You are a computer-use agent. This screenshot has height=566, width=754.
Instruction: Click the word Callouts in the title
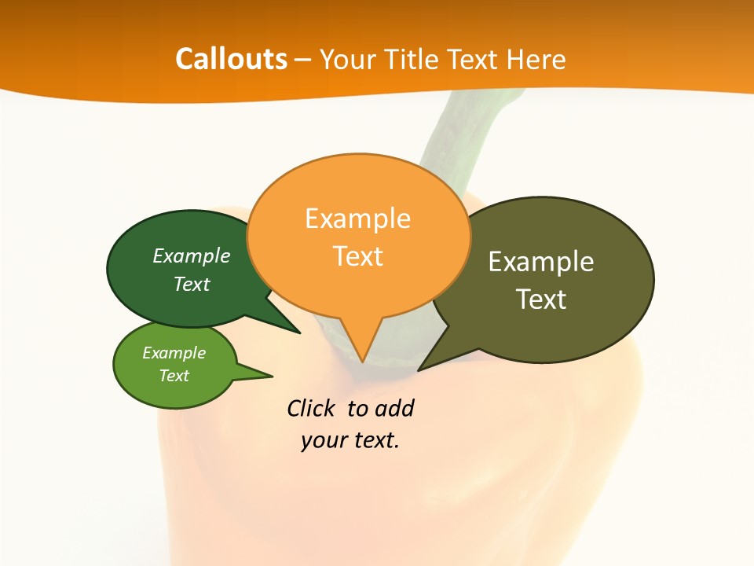tap(231, 59)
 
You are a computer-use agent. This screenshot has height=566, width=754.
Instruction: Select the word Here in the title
tap(536, 59)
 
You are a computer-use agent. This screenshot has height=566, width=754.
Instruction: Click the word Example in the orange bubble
tap(357, 219)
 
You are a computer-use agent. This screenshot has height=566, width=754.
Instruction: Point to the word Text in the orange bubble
tap(357, 256)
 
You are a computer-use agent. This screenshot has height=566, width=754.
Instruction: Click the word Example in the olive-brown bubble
tap(541, 262)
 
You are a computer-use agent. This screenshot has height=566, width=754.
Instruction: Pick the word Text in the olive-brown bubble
tap(541, 300)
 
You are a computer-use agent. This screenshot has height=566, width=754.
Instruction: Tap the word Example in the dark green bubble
tap(192, 256)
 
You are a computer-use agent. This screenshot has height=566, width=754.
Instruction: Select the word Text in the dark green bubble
tap(192, 285)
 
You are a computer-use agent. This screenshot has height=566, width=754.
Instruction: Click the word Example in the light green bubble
tap(174, 353)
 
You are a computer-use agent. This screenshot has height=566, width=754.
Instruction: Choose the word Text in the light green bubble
tap(174, 376)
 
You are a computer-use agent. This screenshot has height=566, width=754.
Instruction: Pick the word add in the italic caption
tap(394, 409)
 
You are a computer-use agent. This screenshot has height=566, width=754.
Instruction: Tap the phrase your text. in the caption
tap(350, 440)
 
